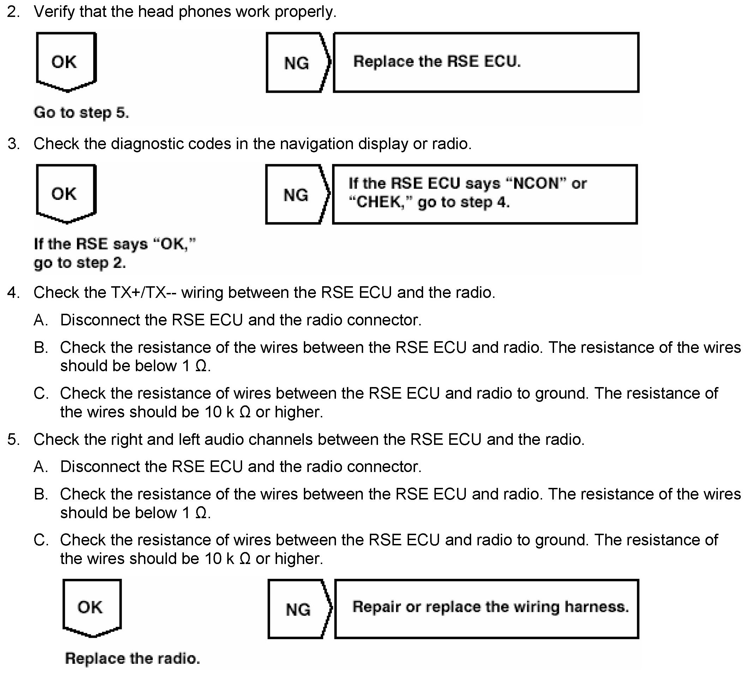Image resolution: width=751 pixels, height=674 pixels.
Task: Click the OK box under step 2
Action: pyautogui.click(x=66, y=61)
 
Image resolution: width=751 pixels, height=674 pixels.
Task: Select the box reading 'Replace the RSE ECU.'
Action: pyautogui.click(x=486, y=62)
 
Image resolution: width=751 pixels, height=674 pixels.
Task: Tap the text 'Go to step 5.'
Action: pyautogui.click(x=81, y=112)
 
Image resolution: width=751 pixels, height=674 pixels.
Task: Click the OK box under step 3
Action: pyautogui.click(x=66, y=193)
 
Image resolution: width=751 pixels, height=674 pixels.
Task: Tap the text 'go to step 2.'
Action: pyautogui.click(x=80, y=263)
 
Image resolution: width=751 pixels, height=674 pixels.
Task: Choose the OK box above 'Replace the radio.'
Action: pyautogui.click(x=91, y=607)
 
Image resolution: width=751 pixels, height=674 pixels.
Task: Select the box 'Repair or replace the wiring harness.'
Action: pyautogui.click(x=486, y=609)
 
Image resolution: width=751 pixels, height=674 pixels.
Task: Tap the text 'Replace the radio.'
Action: pyautogui.click(x=132, y=658)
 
